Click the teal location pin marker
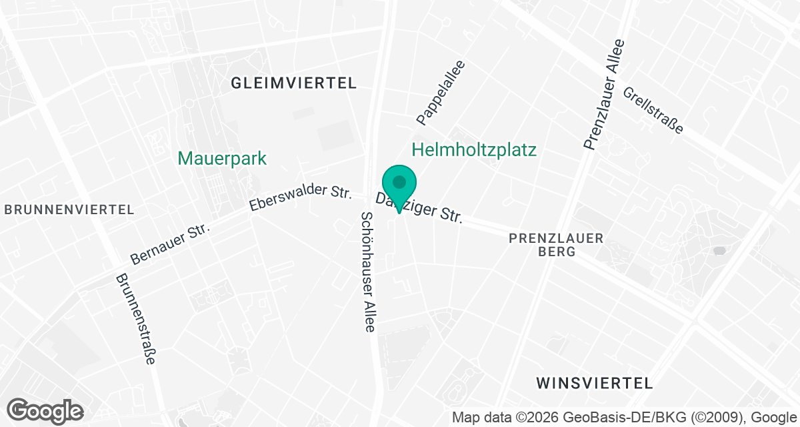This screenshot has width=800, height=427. tap(399, 187)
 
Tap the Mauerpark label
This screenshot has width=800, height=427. tap(222, 159)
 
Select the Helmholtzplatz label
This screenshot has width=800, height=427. tap(474, 150)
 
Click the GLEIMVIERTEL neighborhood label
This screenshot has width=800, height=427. tap(293, 83)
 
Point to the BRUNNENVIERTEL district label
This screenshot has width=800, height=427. tap(69, 209)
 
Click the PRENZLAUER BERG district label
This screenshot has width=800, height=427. tap(555, 245)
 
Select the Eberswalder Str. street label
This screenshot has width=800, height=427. tap(300, 198)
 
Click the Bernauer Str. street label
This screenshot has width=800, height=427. tap(170, 242)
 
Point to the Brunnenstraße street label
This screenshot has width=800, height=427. tap(135, 319)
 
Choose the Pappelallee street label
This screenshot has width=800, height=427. tap(440, 93)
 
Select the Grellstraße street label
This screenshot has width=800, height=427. tap(653, 110)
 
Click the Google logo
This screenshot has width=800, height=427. tap(45, 410)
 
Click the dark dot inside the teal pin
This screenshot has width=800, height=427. tap(399, 181)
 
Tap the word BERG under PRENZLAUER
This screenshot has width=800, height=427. tap(555, 252)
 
